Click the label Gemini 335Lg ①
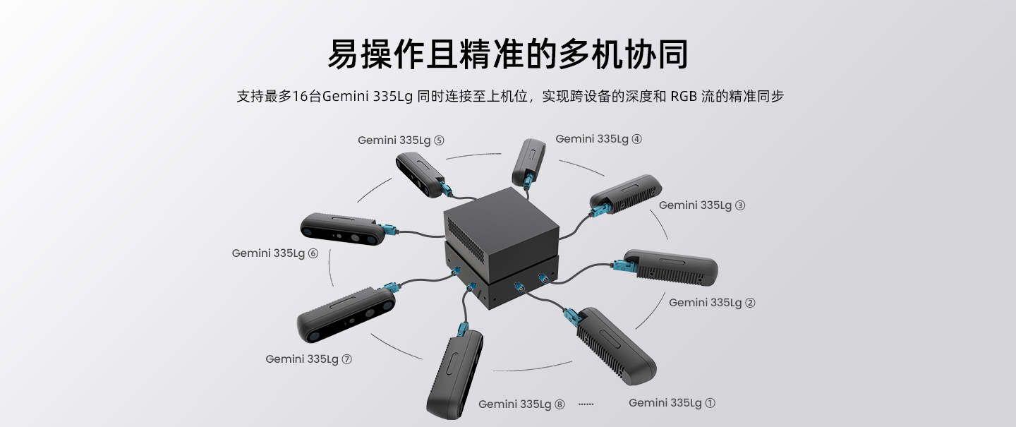click(x=672, y=403)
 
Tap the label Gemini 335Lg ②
click(x=712, y=303)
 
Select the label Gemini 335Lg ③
click(x=702, y=205)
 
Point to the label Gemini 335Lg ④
click(x=598, y=139)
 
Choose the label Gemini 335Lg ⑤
click(x=401, y=140)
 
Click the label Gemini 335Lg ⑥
click(x=275, y=253)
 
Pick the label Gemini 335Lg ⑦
click(x=308, y=359)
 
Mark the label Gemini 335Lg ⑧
click(x=521, y=404)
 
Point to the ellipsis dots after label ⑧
click(x=586, y=404)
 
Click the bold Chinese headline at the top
click(x=508, y=54)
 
